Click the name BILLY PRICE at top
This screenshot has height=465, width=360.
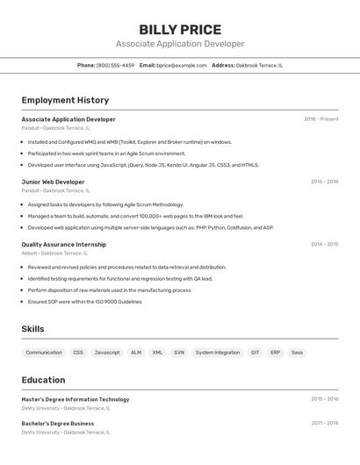coord(180,30)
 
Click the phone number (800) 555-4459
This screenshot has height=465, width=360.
coord(115,65)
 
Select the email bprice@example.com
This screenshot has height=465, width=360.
coord(182,65)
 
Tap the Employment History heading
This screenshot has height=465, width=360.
coord(65,100)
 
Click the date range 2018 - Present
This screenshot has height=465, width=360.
coord(320,119)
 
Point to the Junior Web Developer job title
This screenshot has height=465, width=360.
coord(53,182)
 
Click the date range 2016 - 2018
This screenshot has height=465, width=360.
coord(324,182)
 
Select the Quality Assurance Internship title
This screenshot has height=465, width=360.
coord(63,245)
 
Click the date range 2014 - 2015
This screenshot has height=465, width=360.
coord(324,245)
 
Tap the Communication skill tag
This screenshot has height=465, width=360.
coord(44,352)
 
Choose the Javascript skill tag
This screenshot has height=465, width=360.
coord(107,352)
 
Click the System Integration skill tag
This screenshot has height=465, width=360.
coord(217,352)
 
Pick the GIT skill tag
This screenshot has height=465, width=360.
coord(255,352)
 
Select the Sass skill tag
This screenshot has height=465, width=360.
coord(297,352)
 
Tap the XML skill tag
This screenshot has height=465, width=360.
coord(157,352)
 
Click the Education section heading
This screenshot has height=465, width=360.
coord(43,380)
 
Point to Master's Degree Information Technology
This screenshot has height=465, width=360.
coord(75,399)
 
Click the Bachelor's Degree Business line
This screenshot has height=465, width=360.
coord(57,423)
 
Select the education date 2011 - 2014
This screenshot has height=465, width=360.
coord(324,423)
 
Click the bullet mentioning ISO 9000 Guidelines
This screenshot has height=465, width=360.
coord(84,301)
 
